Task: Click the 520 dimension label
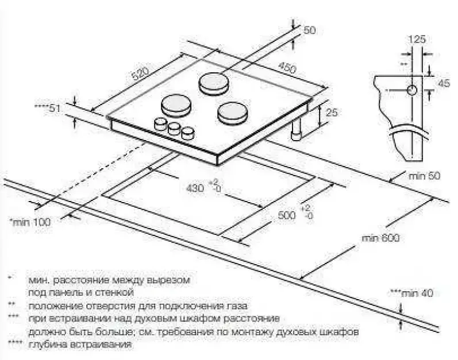coord(141,74)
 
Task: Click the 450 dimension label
coord(287,67)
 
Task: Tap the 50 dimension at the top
coord(310,30)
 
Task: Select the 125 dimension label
coord(417,40)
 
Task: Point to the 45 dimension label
coord(444,83)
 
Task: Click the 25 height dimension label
coord(331,113)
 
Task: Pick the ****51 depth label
coord(47,109)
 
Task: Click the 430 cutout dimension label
coord(195,188)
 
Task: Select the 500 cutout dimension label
coord(287,215)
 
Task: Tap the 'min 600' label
coord(380,238)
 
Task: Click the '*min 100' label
coord(30,222)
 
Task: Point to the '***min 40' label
coord(412,293)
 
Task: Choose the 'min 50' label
coord(424,176)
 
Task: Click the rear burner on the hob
coord(214,83)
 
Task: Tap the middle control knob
coord(174,129)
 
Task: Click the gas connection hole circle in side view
coord(412,90)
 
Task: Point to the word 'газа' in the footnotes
coord(237,306)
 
